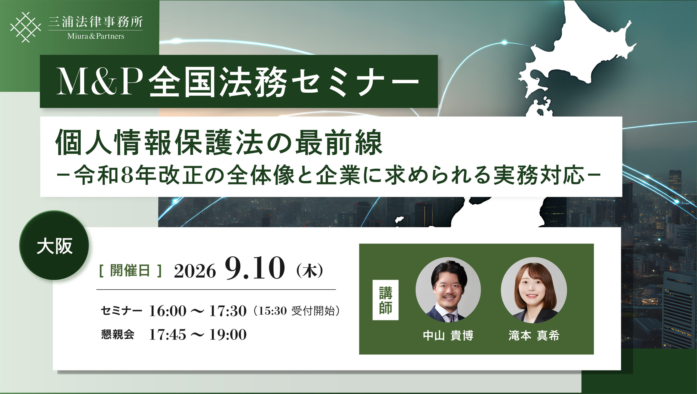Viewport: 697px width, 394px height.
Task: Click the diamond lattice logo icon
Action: coord(26,27)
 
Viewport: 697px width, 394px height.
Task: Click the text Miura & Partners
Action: coord(96,36)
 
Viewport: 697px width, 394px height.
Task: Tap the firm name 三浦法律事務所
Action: coord(96,22)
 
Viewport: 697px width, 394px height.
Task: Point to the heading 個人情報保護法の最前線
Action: coord(219,142)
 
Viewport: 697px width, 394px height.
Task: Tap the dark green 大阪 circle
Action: coord(54,245)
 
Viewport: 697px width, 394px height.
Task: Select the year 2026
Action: coord(195,271)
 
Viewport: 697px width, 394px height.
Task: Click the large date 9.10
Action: coord(255,268)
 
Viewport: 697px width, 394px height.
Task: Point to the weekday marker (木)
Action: coord(310,271)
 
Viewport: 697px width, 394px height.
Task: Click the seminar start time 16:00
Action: coord(168,311)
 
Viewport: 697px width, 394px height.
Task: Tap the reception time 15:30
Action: coord(273,311)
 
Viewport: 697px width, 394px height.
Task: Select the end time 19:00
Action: coord(228,335)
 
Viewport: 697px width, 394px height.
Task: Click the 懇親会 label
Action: coord(118,334)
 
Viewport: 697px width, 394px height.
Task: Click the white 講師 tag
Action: coord(386,300)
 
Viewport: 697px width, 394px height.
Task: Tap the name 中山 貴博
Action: coord(448,336)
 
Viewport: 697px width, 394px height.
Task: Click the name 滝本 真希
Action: coord(534,336)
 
